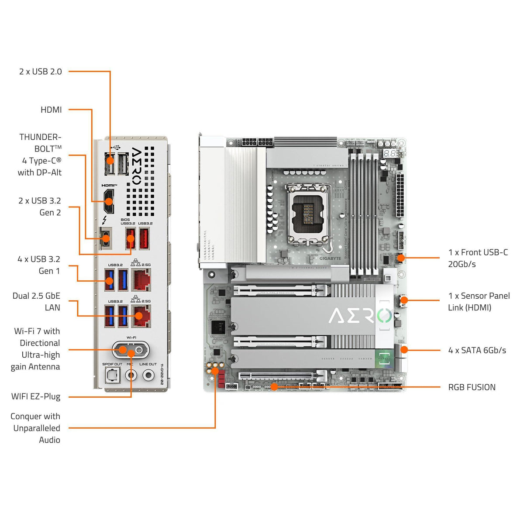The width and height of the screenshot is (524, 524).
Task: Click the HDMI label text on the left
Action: tap(51, 110)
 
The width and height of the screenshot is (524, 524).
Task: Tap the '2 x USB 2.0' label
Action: tap(41, 72)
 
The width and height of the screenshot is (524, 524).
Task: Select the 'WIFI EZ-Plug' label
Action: tap(36, 396)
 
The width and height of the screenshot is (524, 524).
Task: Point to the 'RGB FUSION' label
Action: tap(472, 387)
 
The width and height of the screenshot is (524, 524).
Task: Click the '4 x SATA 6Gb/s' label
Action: tap(477, 350)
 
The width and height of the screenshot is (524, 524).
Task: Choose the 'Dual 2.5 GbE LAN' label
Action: tap(37, 302)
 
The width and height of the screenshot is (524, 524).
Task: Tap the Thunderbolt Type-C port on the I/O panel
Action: tap(105, 238)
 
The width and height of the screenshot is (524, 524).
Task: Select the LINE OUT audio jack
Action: tap(148, 375)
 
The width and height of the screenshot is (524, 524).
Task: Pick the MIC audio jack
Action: tap(130, 375)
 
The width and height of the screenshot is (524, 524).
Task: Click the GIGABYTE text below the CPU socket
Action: tap(330, 258)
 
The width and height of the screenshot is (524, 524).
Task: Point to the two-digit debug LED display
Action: tap(391, 154)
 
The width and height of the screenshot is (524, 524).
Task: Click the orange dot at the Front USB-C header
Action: tap(400, 258)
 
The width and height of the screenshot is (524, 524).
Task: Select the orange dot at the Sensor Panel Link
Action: tap(404, 300)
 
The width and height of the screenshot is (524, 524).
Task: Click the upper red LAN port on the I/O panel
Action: tap(141, 279)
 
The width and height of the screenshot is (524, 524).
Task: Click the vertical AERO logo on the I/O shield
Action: tap(137, 166)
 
